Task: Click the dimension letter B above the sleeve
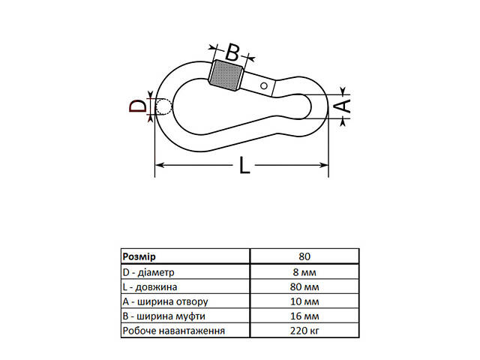point(232,52)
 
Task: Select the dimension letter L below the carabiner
point(244,165)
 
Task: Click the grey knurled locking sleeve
point(226,75)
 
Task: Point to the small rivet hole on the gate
point(264,85)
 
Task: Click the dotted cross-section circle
point(163,106)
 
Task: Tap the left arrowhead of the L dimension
point(160,165)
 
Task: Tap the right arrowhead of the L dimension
point(324,165)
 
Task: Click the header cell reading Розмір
point(139,256)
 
